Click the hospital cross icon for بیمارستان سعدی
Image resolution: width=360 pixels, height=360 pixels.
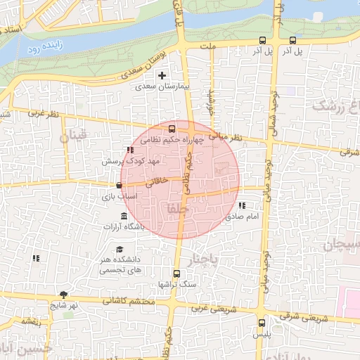point(162,75)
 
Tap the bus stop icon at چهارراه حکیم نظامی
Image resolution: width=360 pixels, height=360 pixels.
point(172,129)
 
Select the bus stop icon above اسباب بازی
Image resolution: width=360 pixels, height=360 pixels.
point(119,186)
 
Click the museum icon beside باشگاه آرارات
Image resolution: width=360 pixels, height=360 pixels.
point(124,215)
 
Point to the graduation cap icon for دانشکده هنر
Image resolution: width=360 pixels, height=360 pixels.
point(120,250)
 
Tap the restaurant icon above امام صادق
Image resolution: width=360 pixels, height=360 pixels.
point(241,206)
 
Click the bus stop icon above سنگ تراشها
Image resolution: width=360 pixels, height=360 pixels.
point(176,274)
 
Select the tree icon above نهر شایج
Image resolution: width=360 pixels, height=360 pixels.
point(65,295)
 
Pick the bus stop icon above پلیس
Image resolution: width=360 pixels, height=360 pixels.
point(262,323)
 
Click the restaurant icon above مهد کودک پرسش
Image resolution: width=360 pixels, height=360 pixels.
point(129,150)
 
